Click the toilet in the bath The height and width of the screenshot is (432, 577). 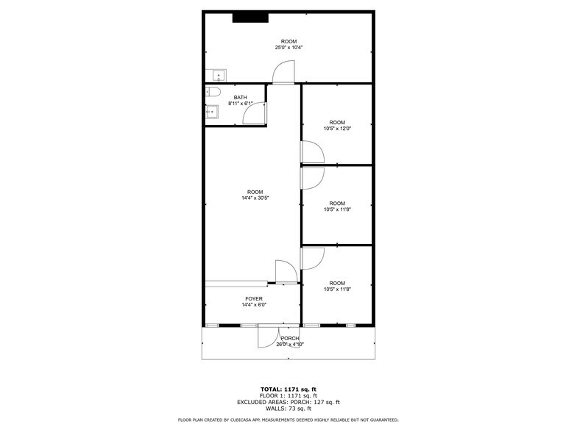coord(213,92)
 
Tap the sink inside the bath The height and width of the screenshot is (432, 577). coord(211,112)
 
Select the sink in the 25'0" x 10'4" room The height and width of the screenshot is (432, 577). coord(218,75)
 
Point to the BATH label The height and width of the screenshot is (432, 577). coord(240,98)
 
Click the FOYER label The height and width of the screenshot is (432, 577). coord(253,299)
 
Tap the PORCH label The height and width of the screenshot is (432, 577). coord(289,338)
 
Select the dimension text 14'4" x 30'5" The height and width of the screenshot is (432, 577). coord(255,198)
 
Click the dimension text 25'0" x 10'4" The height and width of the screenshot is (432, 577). coord(289,47)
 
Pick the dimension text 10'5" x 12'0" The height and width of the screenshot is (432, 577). coord(337,128)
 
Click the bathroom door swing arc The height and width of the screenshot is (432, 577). coord(255,112)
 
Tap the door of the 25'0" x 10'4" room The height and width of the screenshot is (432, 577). coord(283,72)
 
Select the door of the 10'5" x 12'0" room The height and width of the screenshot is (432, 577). coord(312,152)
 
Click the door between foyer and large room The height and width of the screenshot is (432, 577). coord(286,271)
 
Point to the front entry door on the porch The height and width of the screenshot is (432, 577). coord(268,336)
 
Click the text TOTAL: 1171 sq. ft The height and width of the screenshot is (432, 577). coord(288,389)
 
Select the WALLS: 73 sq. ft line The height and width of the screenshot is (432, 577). coord(288,408)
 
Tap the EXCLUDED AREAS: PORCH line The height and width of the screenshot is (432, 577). coord(288,402)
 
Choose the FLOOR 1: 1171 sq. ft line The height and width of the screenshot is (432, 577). coord(288,395)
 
